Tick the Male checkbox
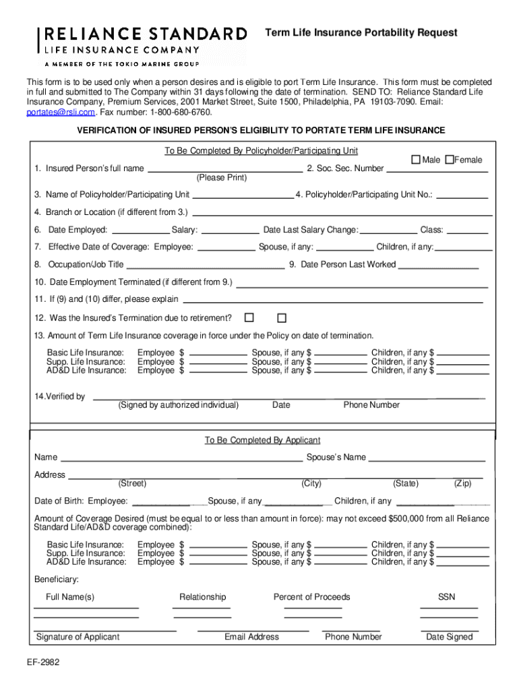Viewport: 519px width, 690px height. (416, 160)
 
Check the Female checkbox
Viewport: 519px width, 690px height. (450, 160)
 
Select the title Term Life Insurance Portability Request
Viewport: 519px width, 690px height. (361, 32)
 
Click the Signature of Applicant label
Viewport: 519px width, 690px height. (78, 637)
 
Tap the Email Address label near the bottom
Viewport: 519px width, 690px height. (251, 637)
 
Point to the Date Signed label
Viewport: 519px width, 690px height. (449, 637)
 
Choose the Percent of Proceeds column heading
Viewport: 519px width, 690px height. (311, 597)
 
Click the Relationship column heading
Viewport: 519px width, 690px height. (202, 597)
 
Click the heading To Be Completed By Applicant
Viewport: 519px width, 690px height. (262, 440)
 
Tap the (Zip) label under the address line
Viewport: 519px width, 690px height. (462, 484)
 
